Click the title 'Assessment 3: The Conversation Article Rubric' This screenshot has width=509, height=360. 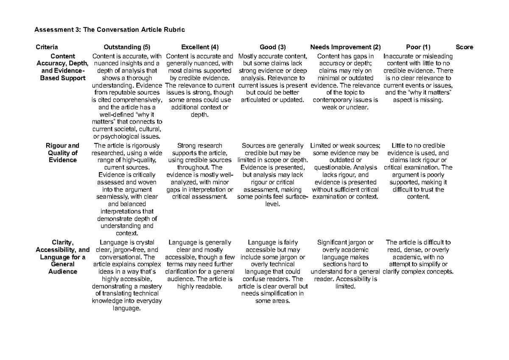click(110, 30)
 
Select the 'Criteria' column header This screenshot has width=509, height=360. click(47, 47)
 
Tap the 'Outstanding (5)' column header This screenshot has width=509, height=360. click(127, 47)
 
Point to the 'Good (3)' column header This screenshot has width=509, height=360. click(272, 47)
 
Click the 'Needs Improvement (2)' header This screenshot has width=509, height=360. click(345, 47)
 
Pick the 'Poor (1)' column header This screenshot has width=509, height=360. click(418, 47)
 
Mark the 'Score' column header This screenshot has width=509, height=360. click(464, 47)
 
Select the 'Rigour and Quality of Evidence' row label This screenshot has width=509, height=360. click(62, 153)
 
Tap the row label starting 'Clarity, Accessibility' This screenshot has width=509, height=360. click(62, 257)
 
